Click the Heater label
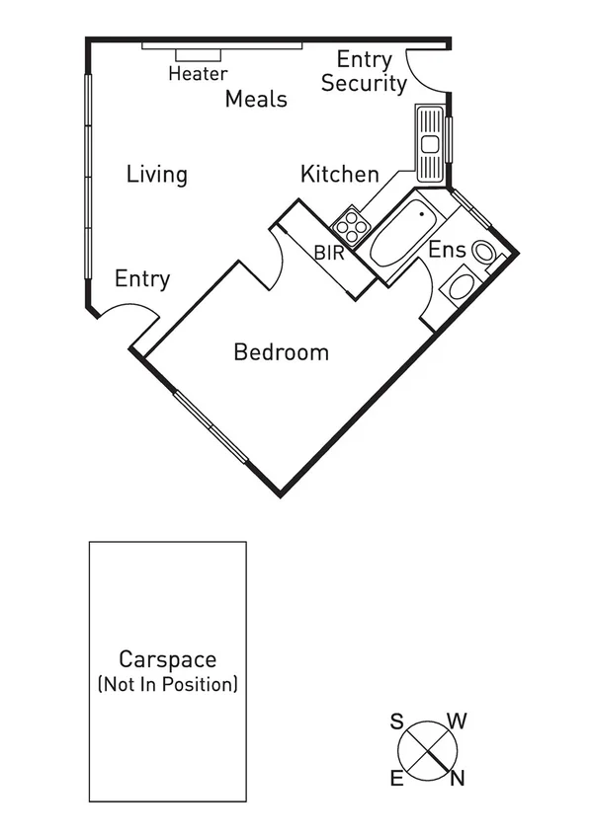coord(198,74)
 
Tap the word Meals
coord(256,99)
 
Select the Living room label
coord(156,175)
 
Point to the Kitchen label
coord(339,175)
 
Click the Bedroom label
coord(281,352)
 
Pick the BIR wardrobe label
coord(329,252)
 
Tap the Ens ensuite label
coord(447,250)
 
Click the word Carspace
coord(167,659)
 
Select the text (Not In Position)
coord(167,684)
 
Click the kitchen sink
coord(430,144)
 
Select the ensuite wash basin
coord(459,287)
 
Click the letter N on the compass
coord(457,779)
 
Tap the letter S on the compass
coord(396,721)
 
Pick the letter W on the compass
coord(457,721)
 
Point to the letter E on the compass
coord(396,780)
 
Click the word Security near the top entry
coord(364,84)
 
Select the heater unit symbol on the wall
coord(199,55)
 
